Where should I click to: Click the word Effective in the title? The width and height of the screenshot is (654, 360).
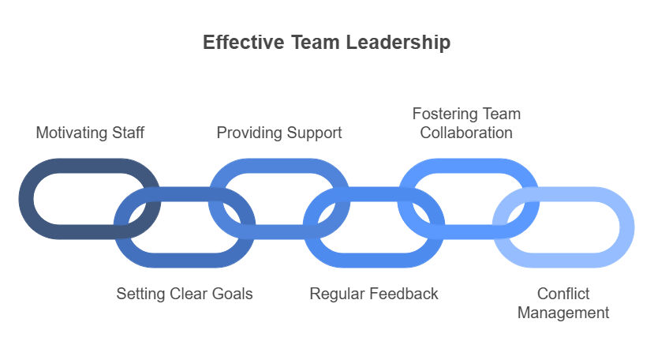coord(244,42)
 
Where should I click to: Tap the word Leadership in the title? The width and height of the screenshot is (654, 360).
coord(398,43)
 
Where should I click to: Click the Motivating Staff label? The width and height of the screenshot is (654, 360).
coord(90,133)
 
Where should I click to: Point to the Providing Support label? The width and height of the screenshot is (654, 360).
coord(279,133)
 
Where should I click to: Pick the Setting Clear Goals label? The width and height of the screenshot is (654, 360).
coord(185,294)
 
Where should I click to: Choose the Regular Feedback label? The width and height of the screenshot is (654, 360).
coord(374,294)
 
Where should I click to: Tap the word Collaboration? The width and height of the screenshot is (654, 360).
coord(466,133)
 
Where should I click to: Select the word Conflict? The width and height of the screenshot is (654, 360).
coord(563,294)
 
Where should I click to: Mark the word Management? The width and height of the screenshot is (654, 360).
coord(563,313)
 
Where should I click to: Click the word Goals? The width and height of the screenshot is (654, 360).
coord(232,294)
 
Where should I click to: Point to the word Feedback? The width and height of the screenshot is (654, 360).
coord(404,294)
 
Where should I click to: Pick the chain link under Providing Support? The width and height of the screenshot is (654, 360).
coord(279,165)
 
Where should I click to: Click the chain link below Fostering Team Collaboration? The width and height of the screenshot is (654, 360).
coord(469,165)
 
